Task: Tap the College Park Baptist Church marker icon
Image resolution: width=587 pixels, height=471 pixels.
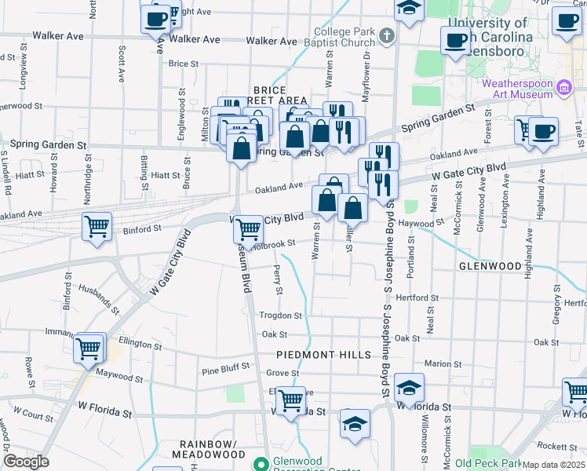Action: pyautogui.click(x=386, y=36)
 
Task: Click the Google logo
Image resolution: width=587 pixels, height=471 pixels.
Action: pyautogui.click(x=27, y=462)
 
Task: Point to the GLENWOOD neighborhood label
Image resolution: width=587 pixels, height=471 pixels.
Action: pyautogui.click(x=490, y=267)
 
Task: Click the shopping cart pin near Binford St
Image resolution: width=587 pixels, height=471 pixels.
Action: pyautogui.click(x=97, y=227)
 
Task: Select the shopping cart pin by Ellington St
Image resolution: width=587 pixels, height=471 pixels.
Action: pyautogui.click(x=89, y=348)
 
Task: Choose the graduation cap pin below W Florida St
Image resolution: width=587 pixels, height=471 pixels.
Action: pyautogui.click(x=355, y=425)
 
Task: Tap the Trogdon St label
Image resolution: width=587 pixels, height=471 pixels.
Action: pyautogui.click(x=281, y=316)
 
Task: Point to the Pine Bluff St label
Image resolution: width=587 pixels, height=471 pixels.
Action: pyautogui.click(x=225, y=367)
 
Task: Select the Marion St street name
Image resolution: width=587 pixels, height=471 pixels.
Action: pyautogui.click(x=443, y=364)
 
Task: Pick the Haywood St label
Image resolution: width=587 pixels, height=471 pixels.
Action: pyautogui.click(x=416, y=223)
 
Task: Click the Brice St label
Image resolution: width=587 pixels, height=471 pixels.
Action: pyautogui.click(x=183, y=64)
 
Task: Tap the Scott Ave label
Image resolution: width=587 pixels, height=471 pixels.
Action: pyautogui.click(x=122, y=64)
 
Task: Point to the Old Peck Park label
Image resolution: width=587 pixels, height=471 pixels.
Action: pyautogui.click(x=487, y=463)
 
